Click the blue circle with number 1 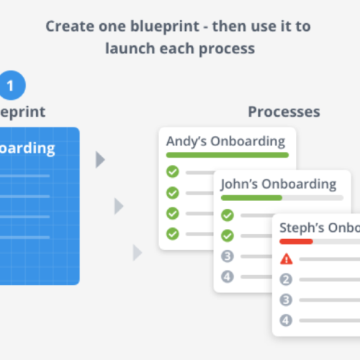pos(10,86)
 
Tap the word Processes pos(284,112)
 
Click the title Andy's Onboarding pos(225,141)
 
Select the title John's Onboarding pos(278,184)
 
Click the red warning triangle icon pos(286,258)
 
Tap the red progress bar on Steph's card pos(296,241)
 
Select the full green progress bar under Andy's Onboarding pos(227,155)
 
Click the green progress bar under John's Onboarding pos(251,197)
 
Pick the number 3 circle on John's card pos(228,256)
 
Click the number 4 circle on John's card pos(228,276)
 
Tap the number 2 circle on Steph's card pos(286,279)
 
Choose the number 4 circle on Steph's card pos(286,320)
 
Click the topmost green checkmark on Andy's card pos(172,171)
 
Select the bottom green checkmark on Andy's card pos(172,233)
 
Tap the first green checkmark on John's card pos(228,215)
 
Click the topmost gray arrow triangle pos(100,160)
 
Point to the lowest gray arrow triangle pos(137,253)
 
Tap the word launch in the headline pos(129,49)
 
